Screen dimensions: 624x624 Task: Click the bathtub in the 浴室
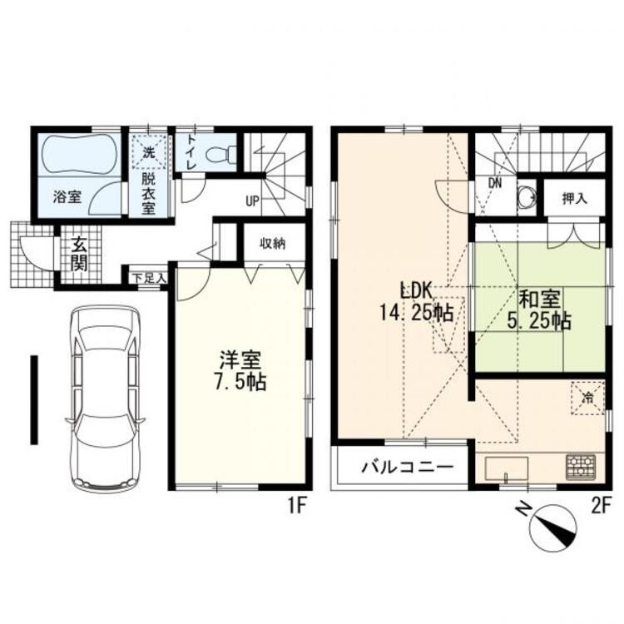[x=80, y=155]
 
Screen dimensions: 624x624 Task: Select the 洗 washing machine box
[x=149, y=152]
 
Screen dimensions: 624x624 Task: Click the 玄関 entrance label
[x=79, y=254]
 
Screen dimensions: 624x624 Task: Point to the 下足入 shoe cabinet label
[x=149, y=278]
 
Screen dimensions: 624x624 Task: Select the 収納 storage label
[x=273, y=243]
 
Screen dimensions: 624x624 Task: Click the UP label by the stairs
[x=252, y=201]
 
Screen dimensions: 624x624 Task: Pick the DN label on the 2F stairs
[x=495, y=184]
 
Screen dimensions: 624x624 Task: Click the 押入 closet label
[x=575, y=198]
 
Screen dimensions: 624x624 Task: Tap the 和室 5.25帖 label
[x=540, y=310]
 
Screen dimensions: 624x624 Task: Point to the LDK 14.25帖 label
[x=416, y=302]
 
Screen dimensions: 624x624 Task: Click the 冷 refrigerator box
[x=587, y=398]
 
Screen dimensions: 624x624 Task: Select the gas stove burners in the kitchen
[x=581, y=467]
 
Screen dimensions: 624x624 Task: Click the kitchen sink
[x=507, y=468]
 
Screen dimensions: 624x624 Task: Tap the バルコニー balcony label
[x=408, y=467]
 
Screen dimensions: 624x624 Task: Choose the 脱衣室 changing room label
[x=149, y=195]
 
